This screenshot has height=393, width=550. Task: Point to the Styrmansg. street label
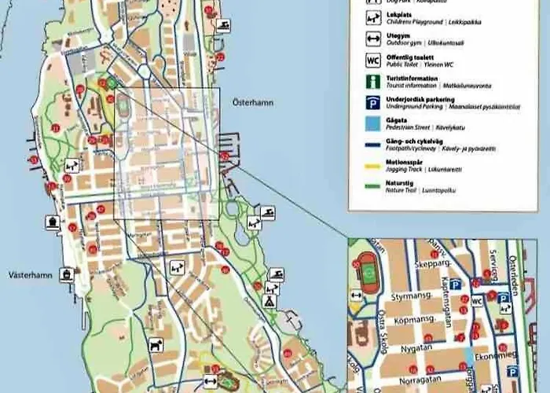click(411, 298)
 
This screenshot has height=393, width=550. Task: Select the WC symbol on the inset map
click(477, 301)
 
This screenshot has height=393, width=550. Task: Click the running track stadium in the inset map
click(367, 271)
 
